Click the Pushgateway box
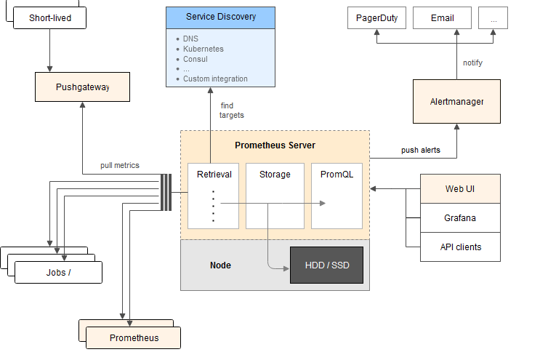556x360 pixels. click(82, 87)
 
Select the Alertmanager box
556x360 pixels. click(456, 102)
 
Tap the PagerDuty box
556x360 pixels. click(376, 18)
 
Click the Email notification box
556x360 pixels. click(442, 18)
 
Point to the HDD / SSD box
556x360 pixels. click(326, 265)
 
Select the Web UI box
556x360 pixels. click(461, 189)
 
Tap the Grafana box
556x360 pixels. click(461, 217)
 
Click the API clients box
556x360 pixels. click(461, 247)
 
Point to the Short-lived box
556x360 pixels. click(50, 17)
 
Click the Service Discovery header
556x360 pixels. click(221, 17)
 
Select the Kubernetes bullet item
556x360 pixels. click(204, 49)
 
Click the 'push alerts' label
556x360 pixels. click(420, 151)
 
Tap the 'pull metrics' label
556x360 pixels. click(120, 166)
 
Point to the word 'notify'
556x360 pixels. click(472, 63)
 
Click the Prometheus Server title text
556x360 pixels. click(275, 145)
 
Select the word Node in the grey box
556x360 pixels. click(220, 265)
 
